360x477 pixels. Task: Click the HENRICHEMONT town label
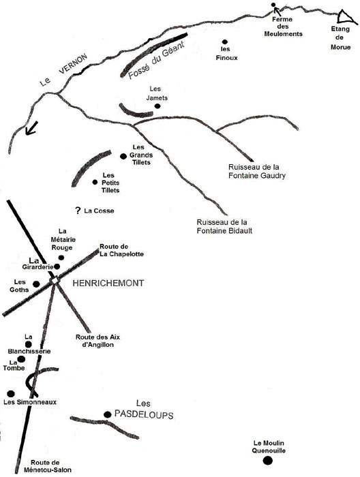(108, 283)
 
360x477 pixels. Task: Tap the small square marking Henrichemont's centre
(55, 280)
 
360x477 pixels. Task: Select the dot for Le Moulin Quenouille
(268, 461)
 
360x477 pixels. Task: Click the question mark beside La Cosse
(78, 210)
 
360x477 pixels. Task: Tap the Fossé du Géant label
(156, 61)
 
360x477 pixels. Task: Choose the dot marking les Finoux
(225, 42)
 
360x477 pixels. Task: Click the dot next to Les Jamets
(157, 106)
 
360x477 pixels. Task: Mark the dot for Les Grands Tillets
(123, 156)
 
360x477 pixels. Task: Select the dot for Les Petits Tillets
(95, 182)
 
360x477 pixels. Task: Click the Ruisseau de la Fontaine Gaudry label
(257, 171)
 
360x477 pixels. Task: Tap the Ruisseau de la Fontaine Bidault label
(224, 226)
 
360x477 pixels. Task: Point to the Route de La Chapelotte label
(121, 250)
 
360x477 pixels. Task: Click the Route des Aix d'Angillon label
(97, 341)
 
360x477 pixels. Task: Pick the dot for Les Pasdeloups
(108, 414)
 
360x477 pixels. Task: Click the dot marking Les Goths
(36, 284)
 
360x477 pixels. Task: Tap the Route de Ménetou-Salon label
(48, 466)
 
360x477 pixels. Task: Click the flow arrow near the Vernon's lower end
(31, 128)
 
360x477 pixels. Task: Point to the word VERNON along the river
(73, 64)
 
